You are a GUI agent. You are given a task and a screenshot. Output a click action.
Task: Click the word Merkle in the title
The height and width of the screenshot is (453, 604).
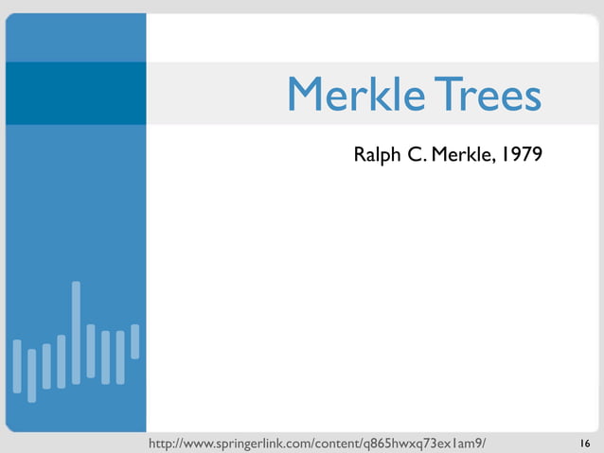pos(346,95)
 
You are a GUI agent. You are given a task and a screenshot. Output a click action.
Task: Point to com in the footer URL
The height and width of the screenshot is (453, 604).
pos(309,444)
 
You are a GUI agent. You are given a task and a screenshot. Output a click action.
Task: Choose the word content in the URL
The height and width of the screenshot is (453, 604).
pos(346,444)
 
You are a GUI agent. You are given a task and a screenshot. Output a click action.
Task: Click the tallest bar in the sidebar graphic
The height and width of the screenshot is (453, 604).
pos(76,333)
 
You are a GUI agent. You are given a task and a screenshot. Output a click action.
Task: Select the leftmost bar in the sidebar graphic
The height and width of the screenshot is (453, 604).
pos(17,365)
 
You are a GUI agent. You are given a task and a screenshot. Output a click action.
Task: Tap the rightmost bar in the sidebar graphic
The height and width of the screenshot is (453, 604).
pos(134,341)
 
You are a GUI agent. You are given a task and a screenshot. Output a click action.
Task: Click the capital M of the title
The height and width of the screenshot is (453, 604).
pos(306,95)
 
